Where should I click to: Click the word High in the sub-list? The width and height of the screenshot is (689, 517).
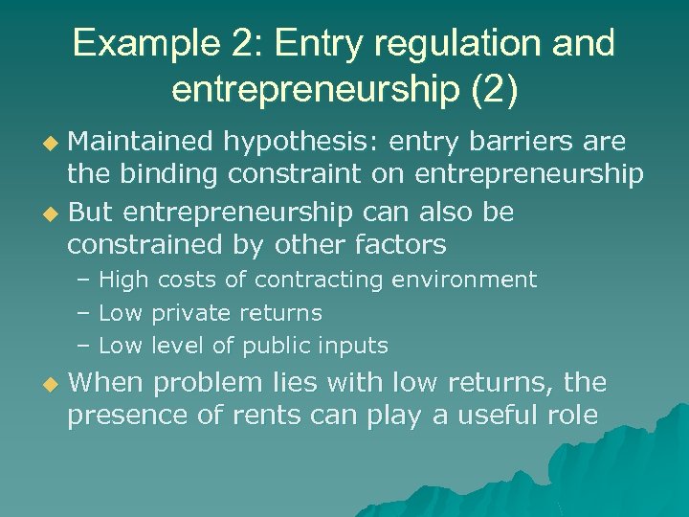click(x=122, y=281)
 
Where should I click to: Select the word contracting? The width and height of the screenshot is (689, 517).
click(x=312, y=281)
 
